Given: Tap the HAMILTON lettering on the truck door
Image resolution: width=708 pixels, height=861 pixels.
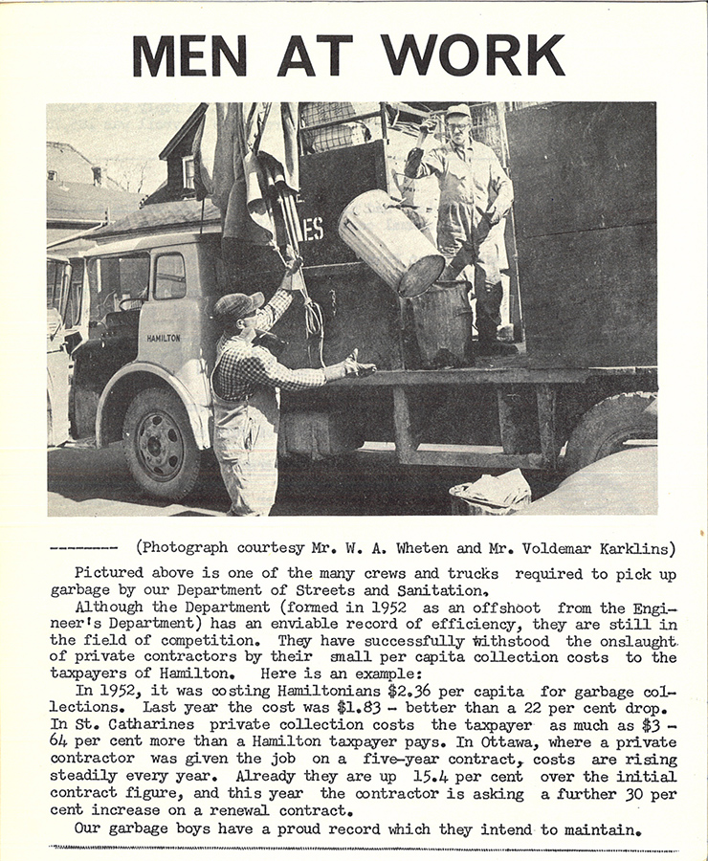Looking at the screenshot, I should (x=164, y=338).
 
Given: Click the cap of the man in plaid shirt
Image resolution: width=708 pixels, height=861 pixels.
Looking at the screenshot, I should (x=236, y=305).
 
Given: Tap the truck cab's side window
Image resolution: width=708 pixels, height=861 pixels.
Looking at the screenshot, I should (x=169, y=276).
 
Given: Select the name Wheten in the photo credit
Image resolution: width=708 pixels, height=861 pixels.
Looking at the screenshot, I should (x=426, y=548).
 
